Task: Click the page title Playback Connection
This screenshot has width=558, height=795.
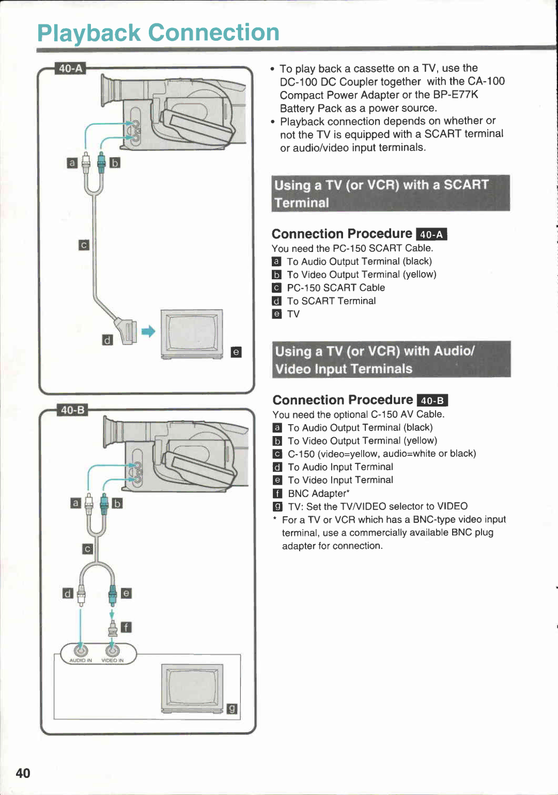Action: pos(158,33)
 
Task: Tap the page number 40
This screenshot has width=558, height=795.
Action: pos(23,773)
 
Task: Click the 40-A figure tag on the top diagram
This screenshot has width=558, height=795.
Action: pos(70,68)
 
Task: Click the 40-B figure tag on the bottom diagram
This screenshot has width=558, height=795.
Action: pos(72,410)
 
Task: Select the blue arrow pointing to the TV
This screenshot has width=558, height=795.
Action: pos(148,332)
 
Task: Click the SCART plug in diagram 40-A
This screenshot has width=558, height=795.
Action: pos(126,332)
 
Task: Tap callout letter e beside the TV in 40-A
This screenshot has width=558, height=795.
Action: pos(236,352)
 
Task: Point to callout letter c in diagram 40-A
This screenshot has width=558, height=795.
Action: pos(84,245)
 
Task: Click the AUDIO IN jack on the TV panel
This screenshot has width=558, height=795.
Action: pos(81,650)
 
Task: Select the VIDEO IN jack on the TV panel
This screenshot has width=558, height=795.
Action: pos(112,650)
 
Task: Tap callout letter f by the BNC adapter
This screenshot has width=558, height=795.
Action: pos(126,627)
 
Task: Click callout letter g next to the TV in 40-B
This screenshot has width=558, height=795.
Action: pos(232,709)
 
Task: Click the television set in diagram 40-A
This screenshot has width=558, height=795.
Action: pos(192,334)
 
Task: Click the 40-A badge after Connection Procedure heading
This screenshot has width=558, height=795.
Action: pos(431,234)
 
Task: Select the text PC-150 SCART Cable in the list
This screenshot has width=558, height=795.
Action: pos(336,288)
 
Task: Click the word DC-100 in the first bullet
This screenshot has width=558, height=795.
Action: pos(298,82)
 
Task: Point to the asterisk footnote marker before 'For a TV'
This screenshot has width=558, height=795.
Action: pos(275,518)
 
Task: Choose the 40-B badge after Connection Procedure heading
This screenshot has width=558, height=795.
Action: pos(432,401)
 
